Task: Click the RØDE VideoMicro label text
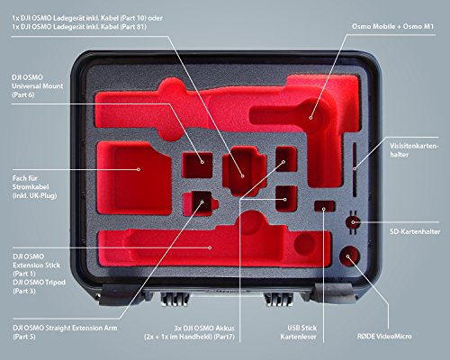384,336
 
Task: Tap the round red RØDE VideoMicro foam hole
349,256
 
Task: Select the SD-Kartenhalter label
415,231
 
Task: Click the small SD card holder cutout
353,222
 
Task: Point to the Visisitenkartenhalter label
414,150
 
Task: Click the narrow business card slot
355,169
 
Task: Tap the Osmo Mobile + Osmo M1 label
393,26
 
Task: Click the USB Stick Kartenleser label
299,332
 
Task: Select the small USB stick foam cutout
324,206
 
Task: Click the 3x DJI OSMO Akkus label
189,332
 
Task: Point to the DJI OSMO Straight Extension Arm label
65,332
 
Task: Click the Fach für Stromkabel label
34,187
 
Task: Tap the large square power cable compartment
134,178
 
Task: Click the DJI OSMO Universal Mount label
38,86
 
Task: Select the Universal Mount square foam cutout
197,165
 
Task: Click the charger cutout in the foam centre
244,171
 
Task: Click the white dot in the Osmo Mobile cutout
310,118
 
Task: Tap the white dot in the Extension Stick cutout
211,247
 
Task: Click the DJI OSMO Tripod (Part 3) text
39,286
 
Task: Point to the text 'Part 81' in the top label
132,27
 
